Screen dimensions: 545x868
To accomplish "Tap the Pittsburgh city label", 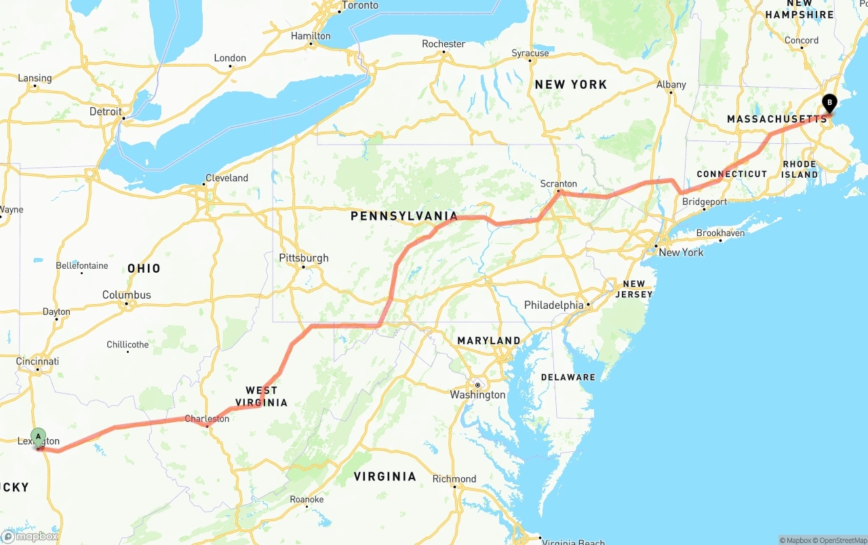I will click(x=304, y=258).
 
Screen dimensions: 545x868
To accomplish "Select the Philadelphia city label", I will click(x=553, y=305).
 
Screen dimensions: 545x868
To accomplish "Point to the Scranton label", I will click(x=559, y=184).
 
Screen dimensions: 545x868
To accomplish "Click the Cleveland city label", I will click(x=226, y=178).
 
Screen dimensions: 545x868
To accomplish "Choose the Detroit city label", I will click(x=106, y=111).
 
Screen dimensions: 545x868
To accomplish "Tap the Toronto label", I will click(x=360, y=5).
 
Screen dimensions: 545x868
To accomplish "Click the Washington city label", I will click(x=478, y=395).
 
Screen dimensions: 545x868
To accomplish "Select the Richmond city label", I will click(x=454, y=478).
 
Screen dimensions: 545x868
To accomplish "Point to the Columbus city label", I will click(x=127, y=295).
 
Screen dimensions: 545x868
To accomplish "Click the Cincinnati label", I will click(x=38, y=362).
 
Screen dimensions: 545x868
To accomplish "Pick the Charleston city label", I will click(x=207, y=419).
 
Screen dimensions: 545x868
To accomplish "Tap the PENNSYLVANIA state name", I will click(x=404, y=217).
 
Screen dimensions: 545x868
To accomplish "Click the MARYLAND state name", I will click(x=489, y=341).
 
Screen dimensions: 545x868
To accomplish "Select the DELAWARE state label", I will click(x=568, y=377).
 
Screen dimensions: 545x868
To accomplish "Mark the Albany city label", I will click(x=671, y=85).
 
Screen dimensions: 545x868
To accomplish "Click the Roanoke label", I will click(x=307, y=500).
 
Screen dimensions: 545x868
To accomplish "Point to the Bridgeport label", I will click(x=705, y=202).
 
